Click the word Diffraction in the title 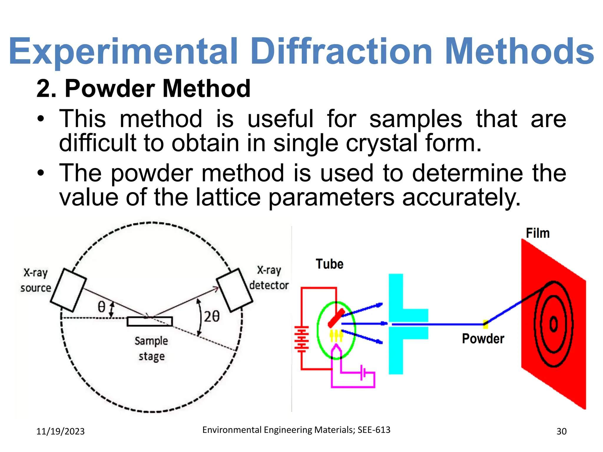click(x=342, y=51)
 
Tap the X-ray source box click(x=68, y=290)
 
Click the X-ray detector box click(x=235, y=290)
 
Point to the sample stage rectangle click(x=150, y=321)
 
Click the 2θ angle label click(x=212, y=317)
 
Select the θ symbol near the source click(x=101, y=307)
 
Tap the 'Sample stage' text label click(x=151, y=348)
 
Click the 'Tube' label click(x=329, y=264)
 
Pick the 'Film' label click(x=538, y=233)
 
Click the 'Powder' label click(x=483, y=339)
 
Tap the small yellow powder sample click(x=486, y=324)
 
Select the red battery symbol click(x=301, y=339)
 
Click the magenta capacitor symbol click(x=363, y=373)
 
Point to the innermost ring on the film click(x=554, y=324)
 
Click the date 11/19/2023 click(x=60, y=431)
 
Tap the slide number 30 click(x=561, y=431)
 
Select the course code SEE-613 click(x=374, y=430)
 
